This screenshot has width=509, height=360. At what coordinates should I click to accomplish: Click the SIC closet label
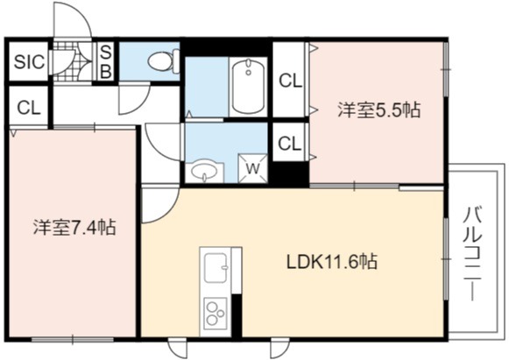[x=29, y=61]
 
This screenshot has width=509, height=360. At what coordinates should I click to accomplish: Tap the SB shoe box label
[x=105, y=61]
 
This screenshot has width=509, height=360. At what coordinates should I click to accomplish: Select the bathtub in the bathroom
[x=248, y=86]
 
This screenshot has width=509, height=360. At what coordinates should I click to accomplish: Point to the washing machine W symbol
[x=253, y=168]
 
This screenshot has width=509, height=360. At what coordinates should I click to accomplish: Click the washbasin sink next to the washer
[x=204, y=171]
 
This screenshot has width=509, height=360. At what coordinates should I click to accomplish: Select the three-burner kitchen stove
[x=216, y=313]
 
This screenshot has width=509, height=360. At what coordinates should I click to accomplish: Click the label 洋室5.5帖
[x=378, y=109]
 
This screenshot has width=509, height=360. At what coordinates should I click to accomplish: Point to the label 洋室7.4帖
[x=74, y=227]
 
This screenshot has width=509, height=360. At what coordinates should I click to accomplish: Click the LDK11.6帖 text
[x=332, y=261]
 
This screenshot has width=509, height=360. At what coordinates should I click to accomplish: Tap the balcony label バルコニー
[x=472, y=254]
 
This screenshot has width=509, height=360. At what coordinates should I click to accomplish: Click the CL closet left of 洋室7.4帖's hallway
[x=29, y=107]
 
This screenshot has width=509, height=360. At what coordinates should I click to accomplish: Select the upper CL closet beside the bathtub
[x=291, y=81]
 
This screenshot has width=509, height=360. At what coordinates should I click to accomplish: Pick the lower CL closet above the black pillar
[x=290, y=143]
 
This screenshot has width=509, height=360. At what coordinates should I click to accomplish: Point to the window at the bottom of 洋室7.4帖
[x=73, y=340]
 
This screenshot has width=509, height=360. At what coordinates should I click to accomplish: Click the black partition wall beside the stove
[x=237, y=315]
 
